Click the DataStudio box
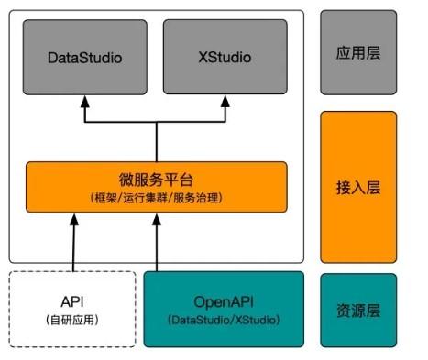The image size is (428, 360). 84,58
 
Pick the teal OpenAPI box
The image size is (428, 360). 224,309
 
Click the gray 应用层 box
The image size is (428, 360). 358,52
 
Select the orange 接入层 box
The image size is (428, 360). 358,187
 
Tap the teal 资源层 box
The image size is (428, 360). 358,309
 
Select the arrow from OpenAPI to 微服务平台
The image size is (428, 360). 156,244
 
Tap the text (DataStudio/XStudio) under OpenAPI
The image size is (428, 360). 224,320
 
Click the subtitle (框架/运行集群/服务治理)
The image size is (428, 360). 156,198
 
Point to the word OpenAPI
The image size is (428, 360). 224,300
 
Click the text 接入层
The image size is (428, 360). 358,188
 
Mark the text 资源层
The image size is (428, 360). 358,310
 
